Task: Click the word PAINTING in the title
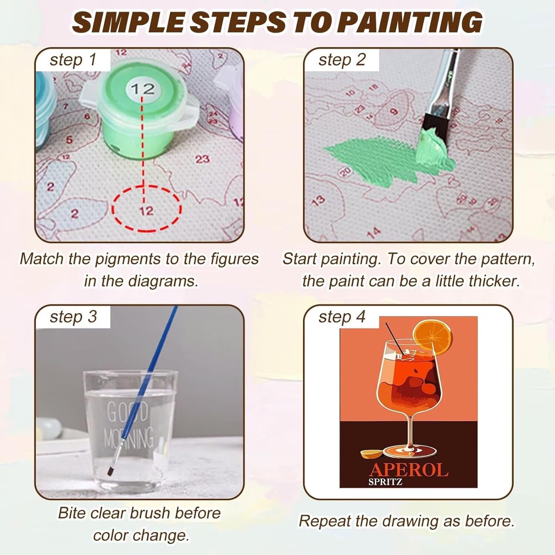pyautogui.click(x=410, y=22)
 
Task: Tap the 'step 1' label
pyautogui.click(x=73, y=60)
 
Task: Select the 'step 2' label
pyautogui.click(x=342, y=60)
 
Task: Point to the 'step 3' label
pyautogui.click(x=73, y=317)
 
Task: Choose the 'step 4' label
pyautogui.click(x=342, y=317)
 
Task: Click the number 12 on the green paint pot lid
pyautogui.click(x=142, y=89)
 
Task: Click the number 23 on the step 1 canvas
pyautogui.click(x=202, y=159)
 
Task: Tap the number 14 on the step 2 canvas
pyautogui.click(x=374, y=232)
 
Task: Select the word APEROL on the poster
pyautogui.click(x=408, y=470)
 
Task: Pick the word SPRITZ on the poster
pyautogui.click(x=385, y=482)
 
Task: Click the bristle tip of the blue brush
pyautogui.click(x=110, y=472)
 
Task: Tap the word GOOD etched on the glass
pyautogui.click(x=127, y=411)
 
